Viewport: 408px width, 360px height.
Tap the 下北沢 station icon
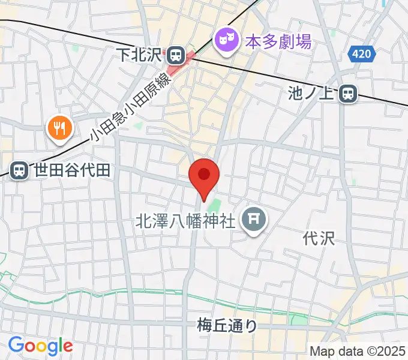point(176,55)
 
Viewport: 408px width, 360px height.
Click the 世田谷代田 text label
point(72,170)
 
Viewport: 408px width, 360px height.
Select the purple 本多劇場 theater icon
point(226,40)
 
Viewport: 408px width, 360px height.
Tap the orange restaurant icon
point(60,127)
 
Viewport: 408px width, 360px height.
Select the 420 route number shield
point(361,55)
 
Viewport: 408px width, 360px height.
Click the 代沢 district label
point(318,238)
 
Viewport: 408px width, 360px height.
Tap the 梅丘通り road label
point(227,326)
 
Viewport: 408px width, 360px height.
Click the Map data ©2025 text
point(358,351)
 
